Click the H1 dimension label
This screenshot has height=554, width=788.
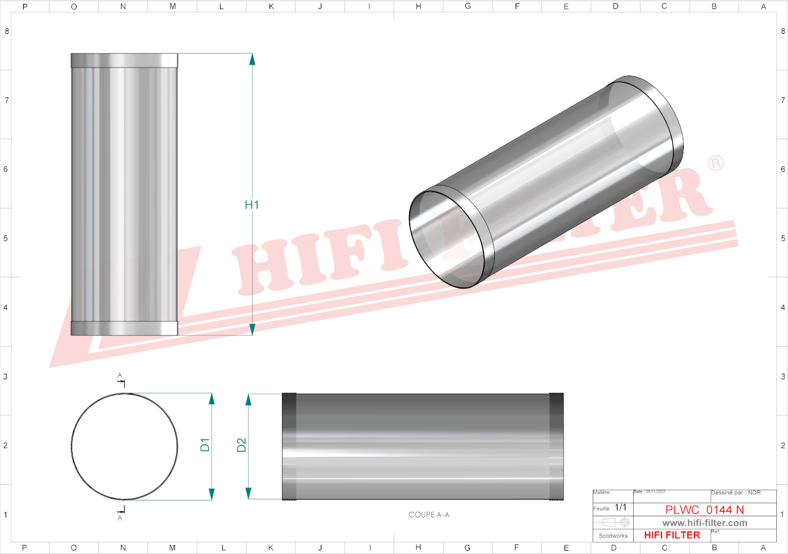coord(252,205)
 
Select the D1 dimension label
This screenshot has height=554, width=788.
coord(205,445)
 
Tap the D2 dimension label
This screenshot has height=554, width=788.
coord(241,445)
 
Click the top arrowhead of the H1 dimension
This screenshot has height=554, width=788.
coord(252,59)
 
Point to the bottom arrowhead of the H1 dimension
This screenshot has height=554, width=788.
coord(252,330)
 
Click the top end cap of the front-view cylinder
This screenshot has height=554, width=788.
coord(124,60)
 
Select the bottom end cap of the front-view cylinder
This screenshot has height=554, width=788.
coord(124,328)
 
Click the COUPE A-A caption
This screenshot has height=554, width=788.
coord(429,515)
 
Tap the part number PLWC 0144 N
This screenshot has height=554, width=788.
coord(704,509)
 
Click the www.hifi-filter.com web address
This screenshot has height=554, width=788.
coord(704,523)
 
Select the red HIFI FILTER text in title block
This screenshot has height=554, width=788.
coord(671,535)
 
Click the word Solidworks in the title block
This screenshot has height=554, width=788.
coord(613,536)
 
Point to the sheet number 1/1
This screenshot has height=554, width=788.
coord(620,507)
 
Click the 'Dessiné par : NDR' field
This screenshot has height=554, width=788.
coord(736,493)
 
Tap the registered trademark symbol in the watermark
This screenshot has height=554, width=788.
coord(715,163)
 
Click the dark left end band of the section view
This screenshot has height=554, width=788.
coord(289,446)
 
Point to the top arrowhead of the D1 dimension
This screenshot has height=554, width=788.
coord(212,399)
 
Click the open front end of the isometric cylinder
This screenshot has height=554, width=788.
coord(447,240)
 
